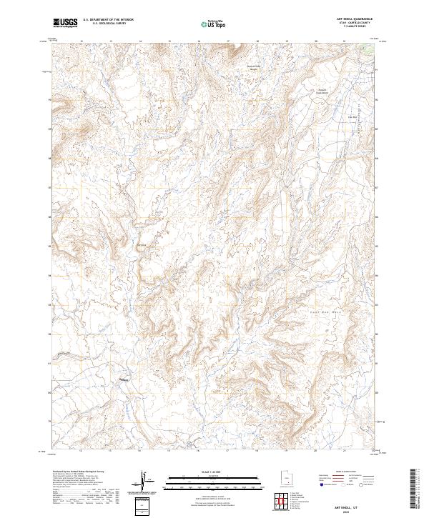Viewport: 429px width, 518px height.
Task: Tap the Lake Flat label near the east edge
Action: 351,117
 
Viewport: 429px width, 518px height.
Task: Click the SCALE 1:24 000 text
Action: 214,472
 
